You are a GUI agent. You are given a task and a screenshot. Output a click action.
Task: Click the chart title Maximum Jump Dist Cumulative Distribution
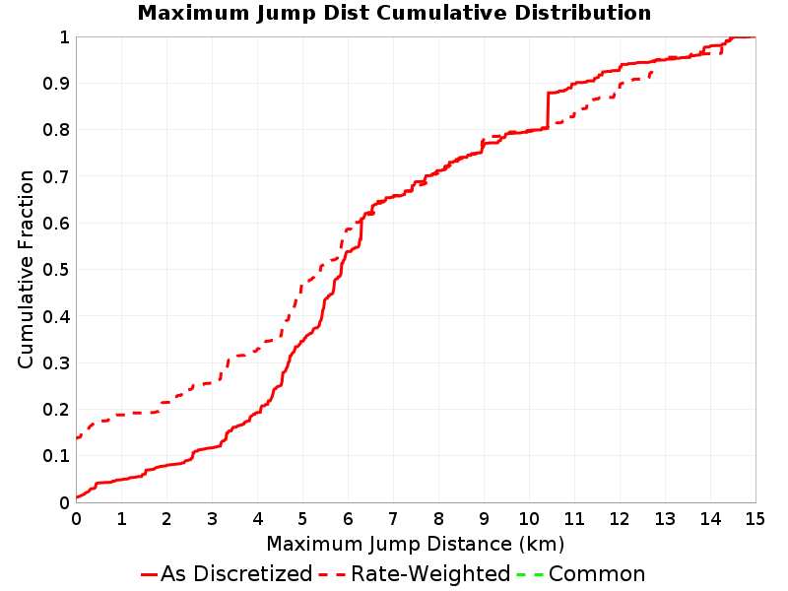click(395, 13)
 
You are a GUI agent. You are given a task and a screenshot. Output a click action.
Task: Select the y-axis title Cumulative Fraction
click(26, 269)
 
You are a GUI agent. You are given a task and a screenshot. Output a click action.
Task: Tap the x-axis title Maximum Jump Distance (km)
click(416, 544)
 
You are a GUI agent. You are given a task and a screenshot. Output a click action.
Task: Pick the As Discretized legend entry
click(227, 573)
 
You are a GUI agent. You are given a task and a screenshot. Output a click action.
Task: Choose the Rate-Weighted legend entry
click(415, 573)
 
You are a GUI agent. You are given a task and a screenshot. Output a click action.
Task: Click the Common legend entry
click(581, 573)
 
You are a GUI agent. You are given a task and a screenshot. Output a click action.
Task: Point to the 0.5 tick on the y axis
click(56, 270)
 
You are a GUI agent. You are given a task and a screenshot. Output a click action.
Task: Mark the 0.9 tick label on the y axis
click(56, 84)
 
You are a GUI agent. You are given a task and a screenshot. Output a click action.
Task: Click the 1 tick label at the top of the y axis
click(64, 37)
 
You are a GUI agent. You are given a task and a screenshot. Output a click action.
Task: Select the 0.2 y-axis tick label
click(56, 410)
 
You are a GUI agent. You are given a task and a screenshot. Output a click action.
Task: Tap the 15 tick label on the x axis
click(755, 519)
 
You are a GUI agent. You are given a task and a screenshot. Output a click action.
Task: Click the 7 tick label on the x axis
click(393, 519)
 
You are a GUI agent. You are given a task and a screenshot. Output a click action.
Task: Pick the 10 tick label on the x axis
click(529, 519)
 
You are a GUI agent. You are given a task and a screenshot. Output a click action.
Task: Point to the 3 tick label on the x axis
click(212, 519)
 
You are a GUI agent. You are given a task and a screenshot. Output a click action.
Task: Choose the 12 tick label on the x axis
click(620, 519)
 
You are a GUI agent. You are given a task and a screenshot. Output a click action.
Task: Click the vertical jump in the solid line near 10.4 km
click(548, 110)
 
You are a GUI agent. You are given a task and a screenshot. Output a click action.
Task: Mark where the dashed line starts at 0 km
click(77, 437)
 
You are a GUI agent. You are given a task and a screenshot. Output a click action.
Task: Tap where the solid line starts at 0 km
click(77, 497)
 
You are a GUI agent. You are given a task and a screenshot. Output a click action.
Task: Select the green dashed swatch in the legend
click(530, 574)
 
